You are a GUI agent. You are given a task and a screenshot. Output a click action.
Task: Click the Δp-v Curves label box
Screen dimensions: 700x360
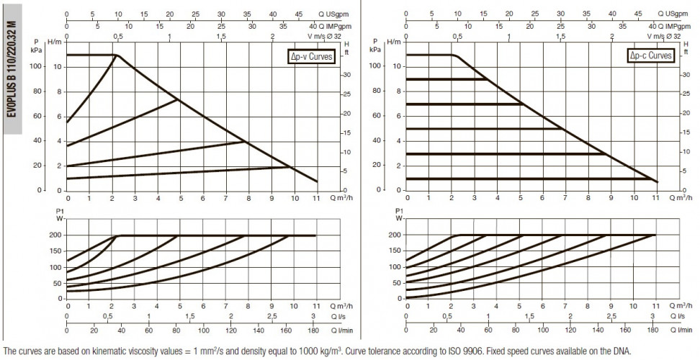(311, 57)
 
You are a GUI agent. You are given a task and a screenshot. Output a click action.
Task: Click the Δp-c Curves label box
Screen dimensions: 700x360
(650, 55)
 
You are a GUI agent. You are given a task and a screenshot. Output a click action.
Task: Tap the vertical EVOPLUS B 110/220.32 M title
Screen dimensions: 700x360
(12, 69)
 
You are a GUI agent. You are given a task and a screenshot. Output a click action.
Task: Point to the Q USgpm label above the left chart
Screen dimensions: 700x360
(333, 14)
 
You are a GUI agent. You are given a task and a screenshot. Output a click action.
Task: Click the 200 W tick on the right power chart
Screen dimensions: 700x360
(395, 235)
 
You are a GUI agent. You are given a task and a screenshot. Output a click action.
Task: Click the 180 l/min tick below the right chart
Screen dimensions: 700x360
(652, 330)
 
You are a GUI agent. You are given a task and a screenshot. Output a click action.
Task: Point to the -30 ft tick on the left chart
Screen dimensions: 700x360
(347, 75)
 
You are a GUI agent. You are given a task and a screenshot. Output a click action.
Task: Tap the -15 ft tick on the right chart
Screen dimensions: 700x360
(686, 132)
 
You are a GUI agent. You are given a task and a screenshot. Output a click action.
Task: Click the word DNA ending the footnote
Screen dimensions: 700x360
(623, 351)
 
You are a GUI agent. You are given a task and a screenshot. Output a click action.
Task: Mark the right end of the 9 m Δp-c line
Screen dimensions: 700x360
(486, 79)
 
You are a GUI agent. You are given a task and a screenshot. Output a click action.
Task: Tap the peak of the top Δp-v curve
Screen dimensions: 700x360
(116, 55)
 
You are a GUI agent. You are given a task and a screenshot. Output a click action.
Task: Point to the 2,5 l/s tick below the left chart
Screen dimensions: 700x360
(272, 316)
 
